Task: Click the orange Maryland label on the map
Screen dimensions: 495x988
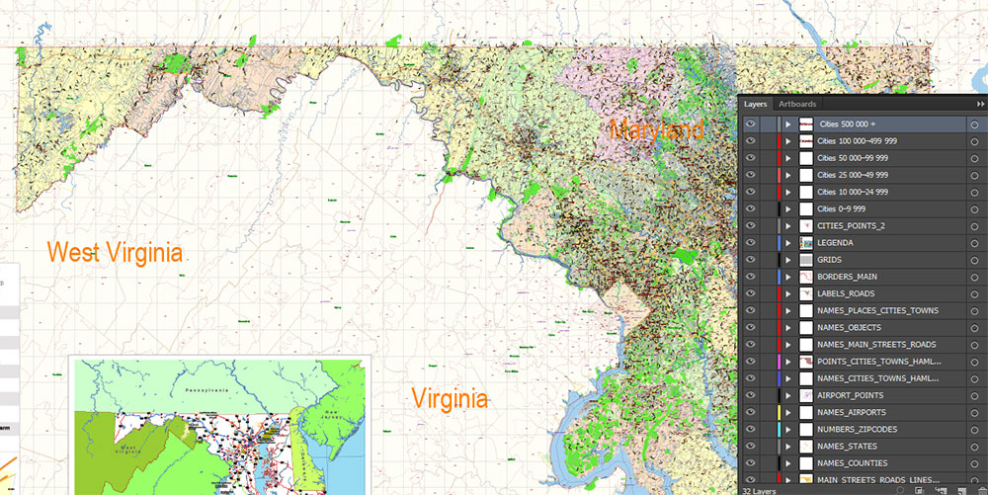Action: pyautogui.click(x=656, y=129)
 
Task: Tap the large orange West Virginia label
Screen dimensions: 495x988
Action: pyautogui.click(x=117, y=252)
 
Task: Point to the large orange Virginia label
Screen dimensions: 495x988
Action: pyautogui.click(x=450, y=399)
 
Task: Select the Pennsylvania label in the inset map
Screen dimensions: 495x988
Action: pyautogui.click(x=219, y=364)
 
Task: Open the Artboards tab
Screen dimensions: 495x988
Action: pyautogui.click(x=797, y=104)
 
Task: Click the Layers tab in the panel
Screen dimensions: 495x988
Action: pyautogui.click(x=756, y=104)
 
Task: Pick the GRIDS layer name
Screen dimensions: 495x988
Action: pyautogui.click(x=831, y=260)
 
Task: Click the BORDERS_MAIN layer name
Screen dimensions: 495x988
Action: pyautogui.click(x=847, y=277)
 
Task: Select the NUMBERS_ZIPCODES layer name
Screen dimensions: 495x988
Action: pyautogui.click(x=856, y=430)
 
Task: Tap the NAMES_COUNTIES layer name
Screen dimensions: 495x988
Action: pyautogui.click(x=852, y=463)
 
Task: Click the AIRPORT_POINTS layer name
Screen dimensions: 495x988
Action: pyautogui.click(x=851, y=395)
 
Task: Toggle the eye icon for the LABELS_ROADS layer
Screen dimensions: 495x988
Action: pyautogui.click(x=752, y=293)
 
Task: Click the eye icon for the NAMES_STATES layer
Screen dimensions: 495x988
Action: pyautogui.click(x=752, y=447)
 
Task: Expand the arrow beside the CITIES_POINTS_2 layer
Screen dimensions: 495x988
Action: pyautogui.click(x=788, y=226)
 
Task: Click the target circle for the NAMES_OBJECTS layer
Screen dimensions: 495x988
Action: pyautogui.click(x=974, y=328)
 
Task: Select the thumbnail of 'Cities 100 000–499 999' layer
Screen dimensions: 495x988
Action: pyautogui.click(x=806, y=141)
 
